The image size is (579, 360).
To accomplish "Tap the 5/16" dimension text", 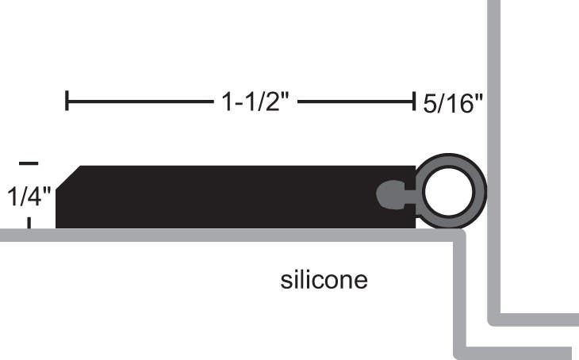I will coord(453,104).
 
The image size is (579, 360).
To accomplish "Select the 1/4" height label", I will coord(29,195).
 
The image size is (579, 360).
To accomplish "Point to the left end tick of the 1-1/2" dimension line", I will coord(67,101).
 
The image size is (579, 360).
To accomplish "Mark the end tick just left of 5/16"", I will coord(413,101).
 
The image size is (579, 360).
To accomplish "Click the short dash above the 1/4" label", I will coord(28,163).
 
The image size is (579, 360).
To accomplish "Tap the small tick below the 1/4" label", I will coord(29,223).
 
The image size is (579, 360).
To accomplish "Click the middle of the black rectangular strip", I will coord(230,197).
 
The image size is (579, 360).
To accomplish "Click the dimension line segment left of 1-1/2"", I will coord(135,101).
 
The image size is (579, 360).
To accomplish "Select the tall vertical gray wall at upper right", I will coord(493,119).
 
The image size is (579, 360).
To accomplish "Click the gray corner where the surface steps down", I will coord(458,236).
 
